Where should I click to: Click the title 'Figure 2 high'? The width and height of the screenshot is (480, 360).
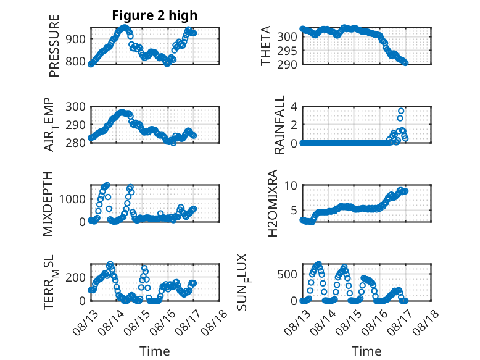point(155,15)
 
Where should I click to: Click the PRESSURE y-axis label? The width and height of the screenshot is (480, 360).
point(54,46)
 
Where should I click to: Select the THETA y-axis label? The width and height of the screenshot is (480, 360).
point(266,46)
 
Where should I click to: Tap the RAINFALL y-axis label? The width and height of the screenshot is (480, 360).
point(279,124)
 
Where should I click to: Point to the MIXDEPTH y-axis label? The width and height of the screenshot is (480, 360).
point(48,203)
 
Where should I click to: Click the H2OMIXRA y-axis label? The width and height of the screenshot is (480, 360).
point(272,203)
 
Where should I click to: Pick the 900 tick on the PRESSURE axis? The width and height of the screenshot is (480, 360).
point(75,39)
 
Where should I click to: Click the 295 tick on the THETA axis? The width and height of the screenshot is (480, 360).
point(287,51)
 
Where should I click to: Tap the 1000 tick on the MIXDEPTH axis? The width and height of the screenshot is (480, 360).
point(72,199)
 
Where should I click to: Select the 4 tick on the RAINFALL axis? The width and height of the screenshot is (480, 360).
point(294,107)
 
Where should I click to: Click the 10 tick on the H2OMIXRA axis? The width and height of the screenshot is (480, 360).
point(291,185)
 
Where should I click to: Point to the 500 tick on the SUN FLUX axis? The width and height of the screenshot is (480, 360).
point(287,274)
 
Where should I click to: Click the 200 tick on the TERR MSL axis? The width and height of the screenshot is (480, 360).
point(75,278)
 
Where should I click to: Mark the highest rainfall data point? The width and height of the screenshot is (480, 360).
point(401,111)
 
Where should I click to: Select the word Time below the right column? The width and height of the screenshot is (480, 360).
point(366,351)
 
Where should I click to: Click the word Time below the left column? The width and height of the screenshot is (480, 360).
point(155,351)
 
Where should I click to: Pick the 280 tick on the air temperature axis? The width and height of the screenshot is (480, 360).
point(75,143)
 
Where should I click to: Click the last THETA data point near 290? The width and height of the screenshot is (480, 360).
point(405,63)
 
